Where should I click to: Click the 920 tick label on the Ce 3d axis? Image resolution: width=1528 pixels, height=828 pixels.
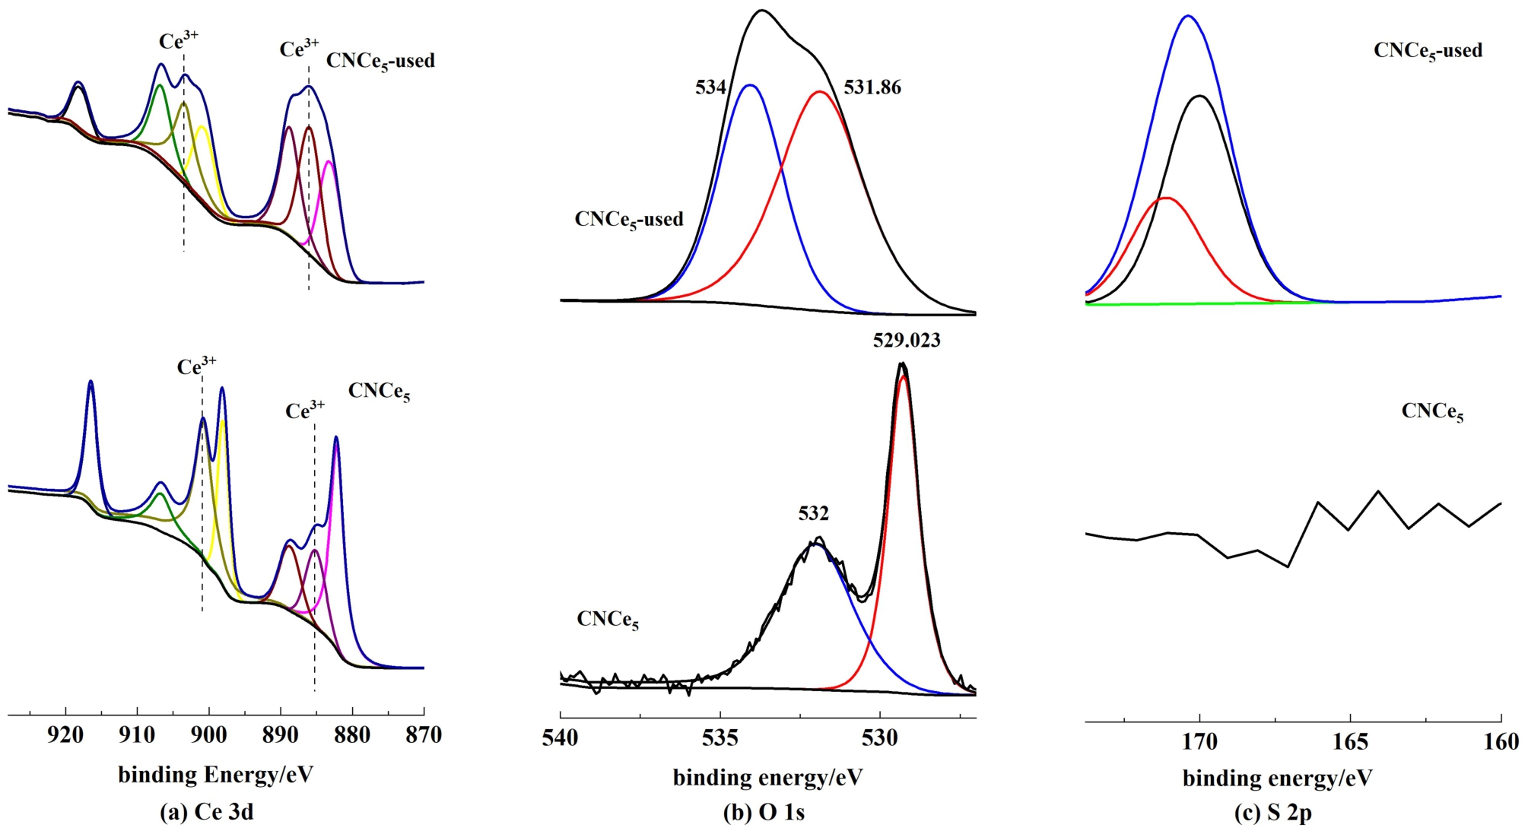coord(65,736)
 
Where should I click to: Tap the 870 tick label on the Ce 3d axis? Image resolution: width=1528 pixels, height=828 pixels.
coord(424,736)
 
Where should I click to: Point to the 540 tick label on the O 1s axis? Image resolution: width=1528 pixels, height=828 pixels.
coord(560,738)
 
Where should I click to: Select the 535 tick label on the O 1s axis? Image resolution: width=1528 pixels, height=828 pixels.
coord(720,738)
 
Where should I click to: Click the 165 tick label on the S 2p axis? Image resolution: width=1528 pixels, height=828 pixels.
coord(1350,741)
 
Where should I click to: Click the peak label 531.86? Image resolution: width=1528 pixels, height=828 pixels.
coord(872,88)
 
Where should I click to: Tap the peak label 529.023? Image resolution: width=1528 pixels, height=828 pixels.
coord(906,341)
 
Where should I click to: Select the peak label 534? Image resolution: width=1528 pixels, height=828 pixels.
coord(710,88)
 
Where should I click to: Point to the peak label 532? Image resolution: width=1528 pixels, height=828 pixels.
coord(813,514)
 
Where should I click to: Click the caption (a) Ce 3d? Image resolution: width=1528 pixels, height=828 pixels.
coord(207,813)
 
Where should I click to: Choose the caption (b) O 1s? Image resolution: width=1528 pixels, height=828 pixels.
coord(764,813)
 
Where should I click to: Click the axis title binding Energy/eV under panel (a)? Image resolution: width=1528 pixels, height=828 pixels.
coord(215,775)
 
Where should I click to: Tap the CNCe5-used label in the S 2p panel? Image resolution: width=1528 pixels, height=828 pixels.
coord(1428,52)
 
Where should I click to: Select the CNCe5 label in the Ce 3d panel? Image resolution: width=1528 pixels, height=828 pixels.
coord(379,392)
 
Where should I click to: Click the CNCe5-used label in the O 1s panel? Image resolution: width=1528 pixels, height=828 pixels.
coord(629,220)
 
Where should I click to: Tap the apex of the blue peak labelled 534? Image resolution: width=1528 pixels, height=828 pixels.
coord(751,85)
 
